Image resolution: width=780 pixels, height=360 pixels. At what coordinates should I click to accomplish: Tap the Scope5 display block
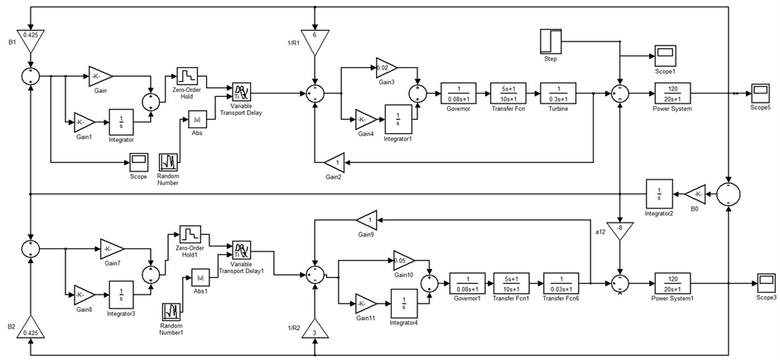point(759,92)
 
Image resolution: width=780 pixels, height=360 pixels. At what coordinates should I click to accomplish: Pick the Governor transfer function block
point(457,94)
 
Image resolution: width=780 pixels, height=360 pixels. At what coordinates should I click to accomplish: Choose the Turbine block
point(559,94)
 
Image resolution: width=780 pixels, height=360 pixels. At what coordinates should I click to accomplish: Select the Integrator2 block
point(659,194)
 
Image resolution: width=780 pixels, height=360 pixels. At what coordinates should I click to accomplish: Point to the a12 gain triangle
point(619,229)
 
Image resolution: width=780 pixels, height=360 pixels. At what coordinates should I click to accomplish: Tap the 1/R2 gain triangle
point(315,331)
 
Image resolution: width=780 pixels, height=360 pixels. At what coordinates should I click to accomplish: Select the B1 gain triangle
point(30,37)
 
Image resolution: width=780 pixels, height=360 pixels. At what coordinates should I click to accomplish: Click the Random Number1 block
point(172,311)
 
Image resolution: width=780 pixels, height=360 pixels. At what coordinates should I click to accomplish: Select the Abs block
point(198,119)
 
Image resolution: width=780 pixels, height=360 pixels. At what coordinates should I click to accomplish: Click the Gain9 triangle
point(366,220)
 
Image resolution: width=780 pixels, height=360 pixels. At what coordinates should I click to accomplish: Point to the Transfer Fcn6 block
point(561,282)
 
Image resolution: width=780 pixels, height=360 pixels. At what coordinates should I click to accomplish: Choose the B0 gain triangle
point(694,194)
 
